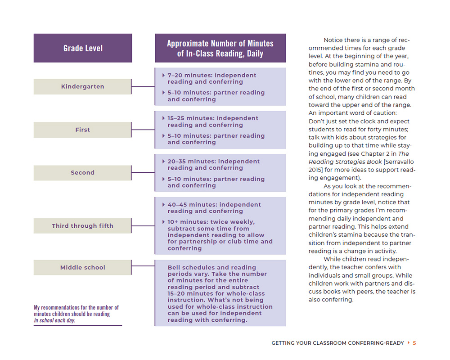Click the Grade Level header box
coord(83,48)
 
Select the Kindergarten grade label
coord(82,86)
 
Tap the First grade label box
coord(82,130)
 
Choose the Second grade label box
coord(82,172)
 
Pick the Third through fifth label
coord(82,226)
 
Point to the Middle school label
coord(82,267)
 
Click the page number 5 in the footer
coord(414,343)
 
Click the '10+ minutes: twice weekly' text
coord(211,222)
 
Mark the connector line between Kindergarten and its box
coord(143,86)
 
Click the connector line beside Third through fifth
coord(143,226)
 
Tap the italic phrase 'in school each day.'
coord(54,320)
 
